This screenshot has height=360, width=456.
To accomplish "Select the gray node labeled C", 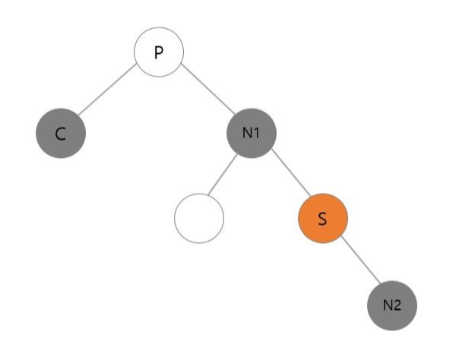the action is (61, 134).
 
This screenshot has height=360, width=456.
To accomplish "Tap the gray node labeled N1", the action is (251, 134).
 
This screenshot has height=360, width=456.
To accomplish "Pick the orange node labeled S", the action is (322, 219).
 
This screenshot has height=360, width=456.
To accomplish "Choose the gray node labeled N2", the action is (391, 305).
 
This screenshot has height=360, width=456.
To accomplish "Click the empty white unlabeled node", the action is (199, 219).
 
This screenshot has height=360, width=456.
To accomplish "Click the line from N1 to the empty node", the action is (225, 176).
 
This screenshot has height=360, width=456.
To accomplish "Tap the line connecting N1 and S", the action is (287, 176).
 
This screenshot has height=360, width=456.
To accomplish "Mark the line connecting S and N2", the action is (357, 262).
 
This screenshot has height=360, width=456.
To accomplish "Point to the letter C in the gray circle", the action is (61, 135).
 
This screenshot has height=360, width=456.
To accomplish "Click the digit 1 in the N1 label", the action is (257, 134).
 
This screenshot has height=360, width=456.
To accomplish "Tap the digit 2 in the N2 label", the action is (397, 305).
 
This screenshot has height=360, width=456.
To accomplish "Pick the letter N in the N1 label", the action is (247, 134).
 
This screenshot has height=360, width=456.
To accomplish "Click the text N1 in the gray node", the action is (251, 134).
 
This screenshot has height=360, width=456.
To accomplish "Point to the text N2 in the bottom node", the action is (391, 305).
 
